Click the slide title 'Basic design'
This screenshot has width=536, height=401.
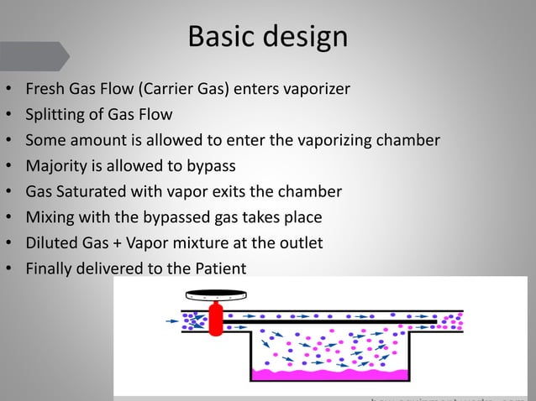point(267,37)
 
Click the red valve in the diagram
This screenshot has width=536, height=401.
point(215,320)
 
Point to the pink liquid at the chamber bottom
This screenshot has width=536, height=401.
point(328,372)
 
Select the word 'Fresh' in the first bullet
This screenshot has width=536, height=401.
point(45,88)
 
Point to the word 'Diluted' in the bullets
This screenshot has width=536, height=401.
point(51,243)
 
